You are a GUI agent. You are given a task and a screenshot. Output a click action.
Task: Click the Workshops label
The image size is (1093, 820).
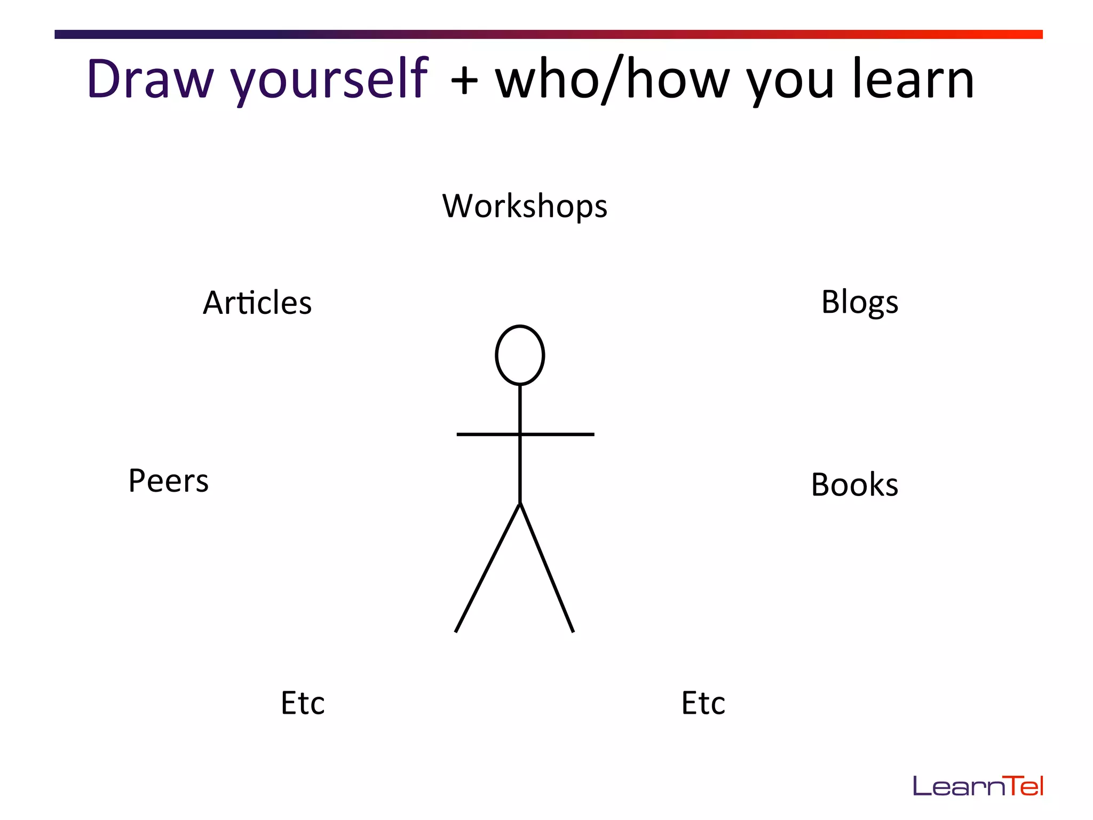525,206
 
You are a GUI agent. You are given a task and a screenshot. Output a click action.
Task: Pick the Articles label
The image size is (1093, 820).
257,303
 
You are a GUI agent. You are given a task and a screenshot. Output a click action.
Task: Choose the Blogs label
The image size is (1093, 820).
859,302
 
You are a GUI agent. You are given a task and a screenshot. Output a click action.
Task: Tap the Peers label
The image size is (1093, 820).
169,480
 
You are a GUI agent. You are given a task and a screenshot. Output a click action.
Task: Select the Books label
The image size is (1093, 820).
854,485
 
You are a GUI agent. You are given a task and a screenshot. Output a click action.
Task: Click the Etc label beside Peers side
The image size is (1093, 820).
303,703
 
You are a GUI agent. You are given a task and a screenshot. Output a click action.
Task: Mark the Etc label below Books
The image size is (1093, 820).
703,703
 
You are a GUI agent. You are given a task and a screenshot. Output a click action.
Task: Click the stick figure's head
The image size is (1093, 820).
520,355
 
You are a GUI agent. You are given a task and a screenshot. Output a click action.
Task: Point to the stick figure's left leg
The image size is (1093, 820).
487,569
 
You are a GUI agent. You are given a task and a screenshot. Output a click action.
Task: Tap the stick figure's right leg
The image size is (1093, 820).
547,569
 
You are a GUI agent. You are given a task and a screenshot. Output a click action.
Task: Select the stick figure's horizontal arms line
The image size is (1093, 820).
560,435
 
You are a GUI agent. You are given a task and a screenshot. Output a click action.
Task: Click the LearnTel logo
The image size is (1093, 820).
978,786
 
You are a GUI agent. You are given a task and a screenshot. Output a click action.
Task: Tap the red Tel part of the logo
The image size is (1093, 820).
1022,786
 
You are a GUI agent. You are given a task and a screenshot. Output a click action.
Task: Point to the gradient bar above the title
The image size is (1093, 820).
548,34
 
